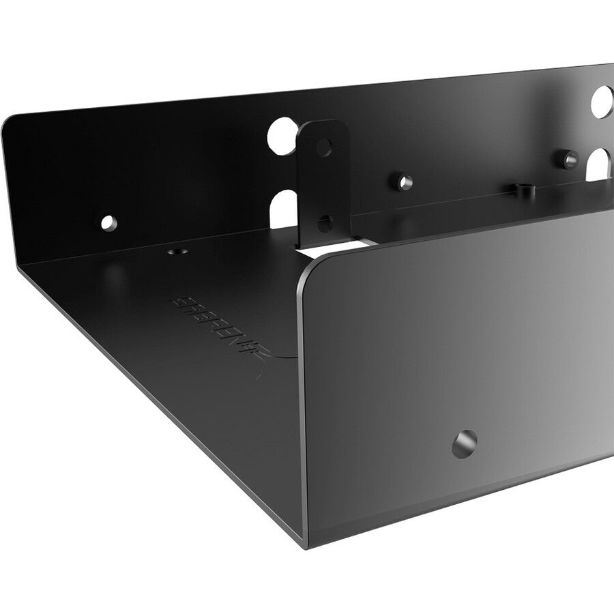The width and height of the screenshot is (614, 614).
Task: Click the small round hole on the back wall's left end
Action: click(107, 222)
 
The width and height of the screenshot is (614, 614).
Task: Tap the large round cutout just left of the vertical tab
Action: click(281, 134)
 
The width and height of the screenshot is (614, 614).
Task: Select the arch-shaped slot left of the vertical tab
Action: click(284, 209)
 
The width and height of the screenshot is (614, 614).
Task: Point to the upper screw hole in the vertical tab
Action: click(325, 145)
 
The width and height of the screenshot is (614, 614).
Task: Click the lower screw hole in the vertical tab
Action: click(325, 222)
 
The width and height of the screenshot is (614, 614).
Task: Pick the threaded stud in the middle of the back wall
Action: click(405, 181)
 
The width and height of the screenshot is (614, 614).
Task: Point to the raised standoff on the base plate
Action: click(523, 189)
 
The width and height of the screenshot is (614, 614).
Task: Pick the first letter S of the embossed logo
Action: click(176, 300)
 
